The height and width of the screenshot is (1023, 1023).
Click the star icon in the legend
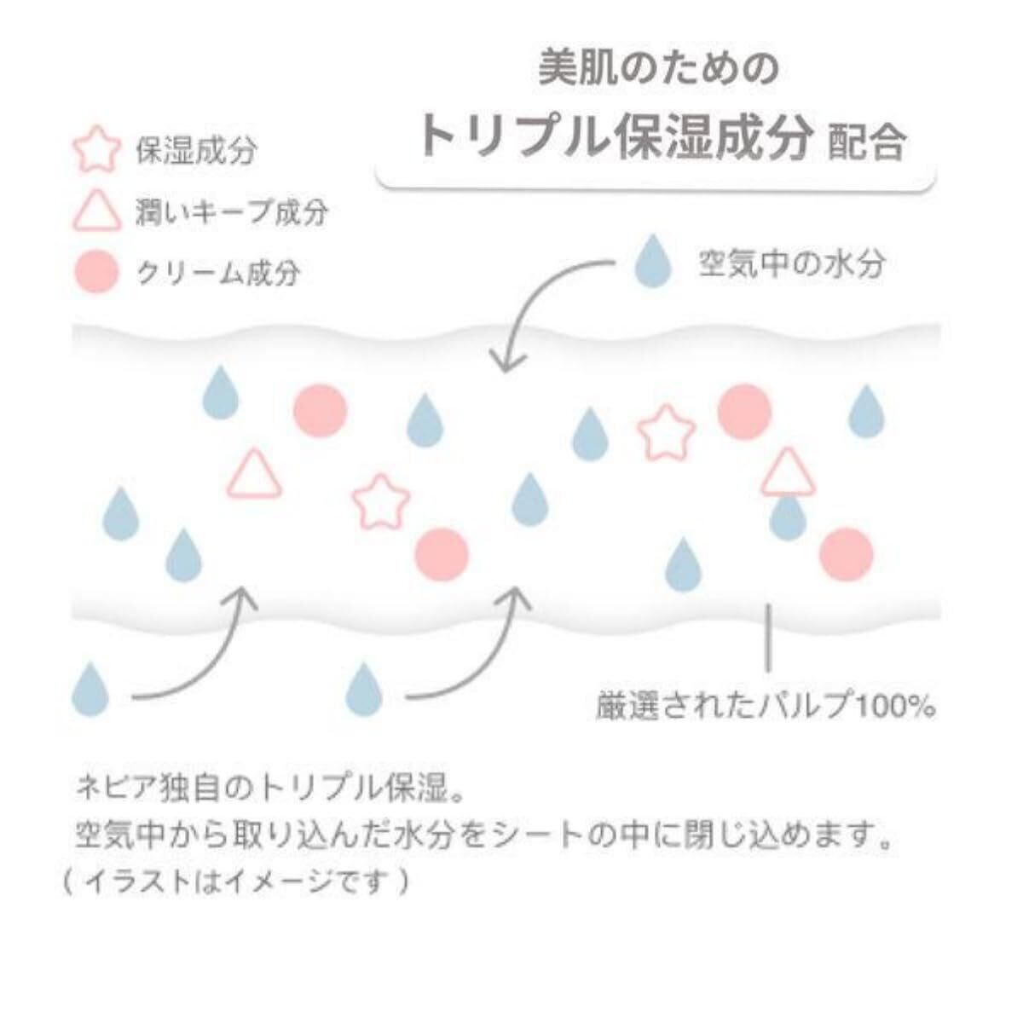[95, 151]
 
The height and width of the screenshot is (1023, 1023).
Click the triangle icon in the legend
[95, 211]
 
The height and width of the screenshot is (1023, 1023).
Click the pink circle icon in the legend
[96, 273]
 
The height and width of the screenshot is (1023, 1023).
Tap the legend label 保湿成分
[196, 151]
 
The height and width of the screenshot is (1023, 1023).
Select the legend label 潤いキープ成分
[231, 212]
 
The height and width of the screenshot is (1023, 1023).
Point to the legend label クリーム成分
[218, 274]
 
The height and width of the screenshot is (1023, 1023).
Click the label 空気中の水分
[792, 264]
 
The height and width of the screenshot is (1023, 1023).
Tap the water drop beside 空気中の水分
[654, 262]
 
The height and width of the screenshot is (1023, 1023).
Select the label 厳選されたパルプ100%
[766, 707]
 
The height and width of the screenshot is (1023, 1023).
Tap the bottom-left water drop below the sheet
[90, 688]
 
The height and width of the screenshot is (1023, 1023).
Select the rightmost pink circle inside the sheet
[846, 554]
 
